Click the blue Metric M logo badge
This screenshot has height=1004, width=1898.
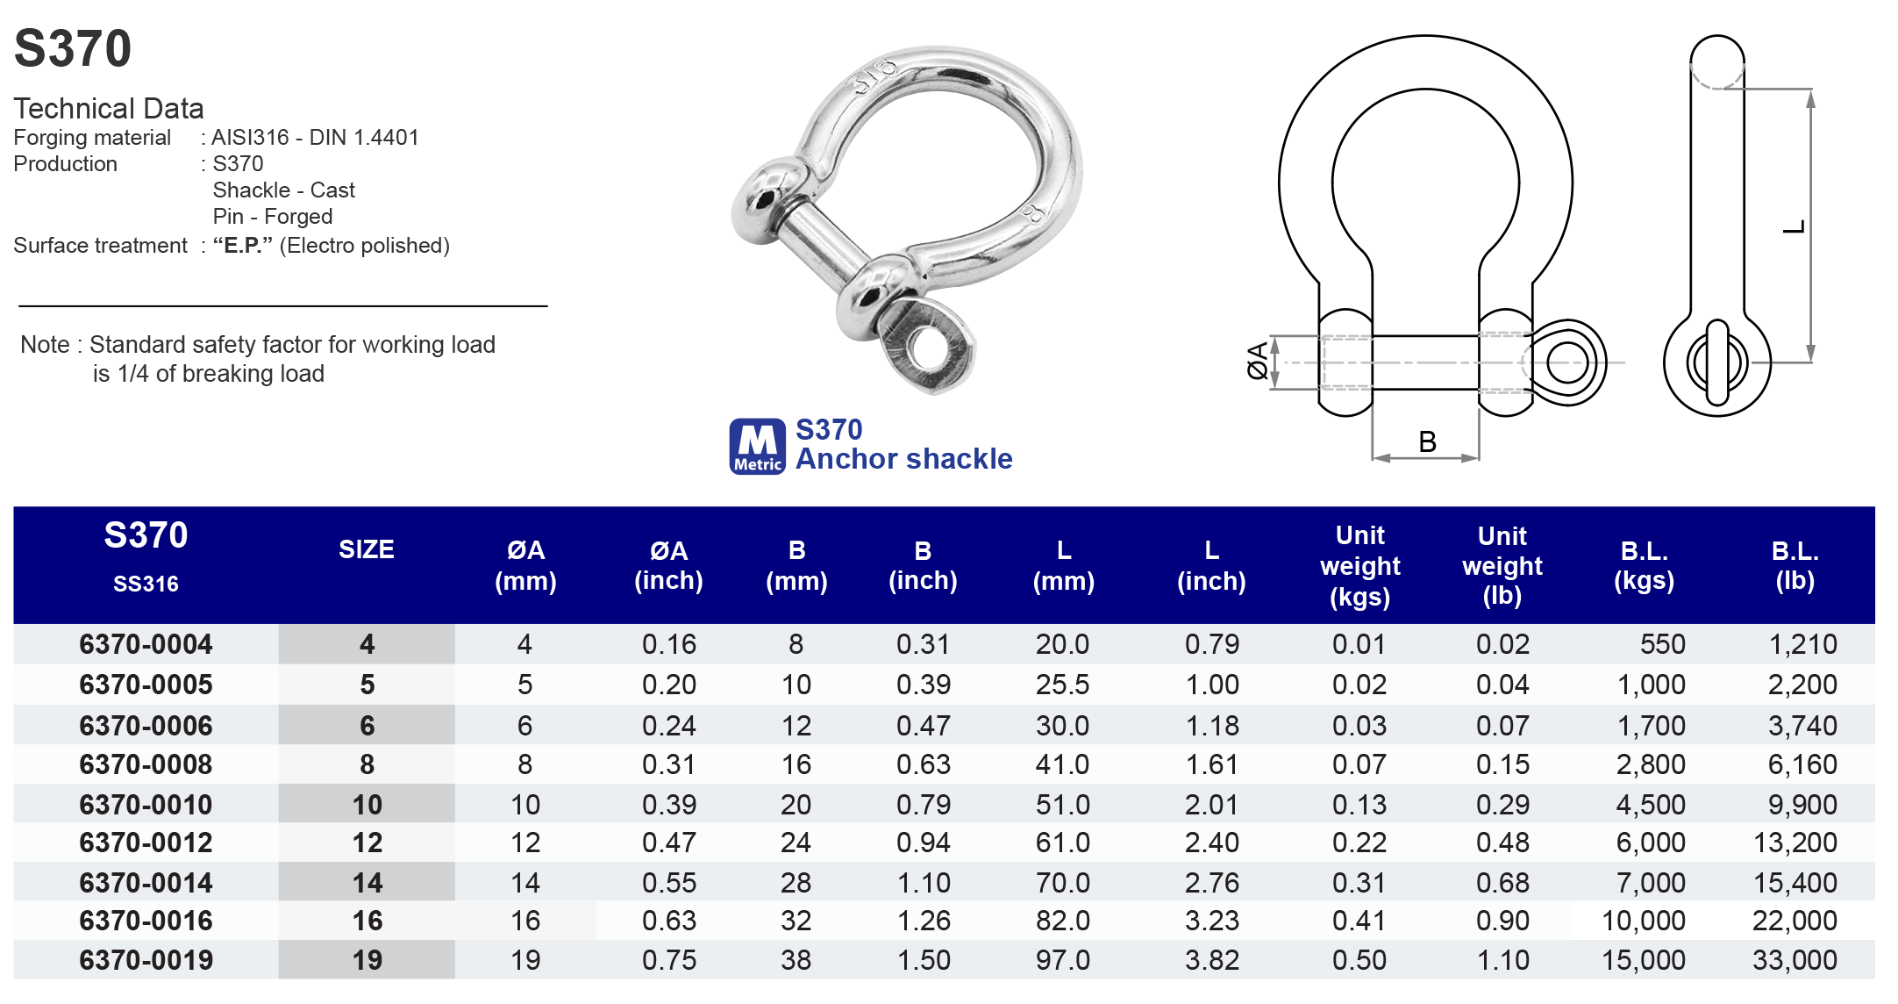[758, 447]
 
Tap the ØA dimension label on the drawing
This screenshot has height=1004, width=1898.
[1258, 361]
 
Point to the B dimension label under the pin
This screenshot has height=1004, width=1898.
[1428, 441]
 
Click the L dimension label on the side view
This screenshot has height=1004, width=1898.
[1795, 227]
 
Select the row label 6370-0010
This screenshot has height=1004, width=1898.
[146, 805]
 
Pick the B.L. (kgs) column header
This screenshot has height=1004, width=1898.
[1645, 565]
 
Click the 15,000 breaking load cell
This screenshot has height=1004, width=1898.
[1644, 960]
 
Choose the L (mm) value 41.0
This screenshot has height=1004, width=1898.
[1062, 764]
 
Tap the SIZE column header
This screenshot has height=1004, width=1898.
[367, 549]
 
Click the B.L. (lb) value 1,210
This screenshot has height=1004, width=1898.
[1802, 644]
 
